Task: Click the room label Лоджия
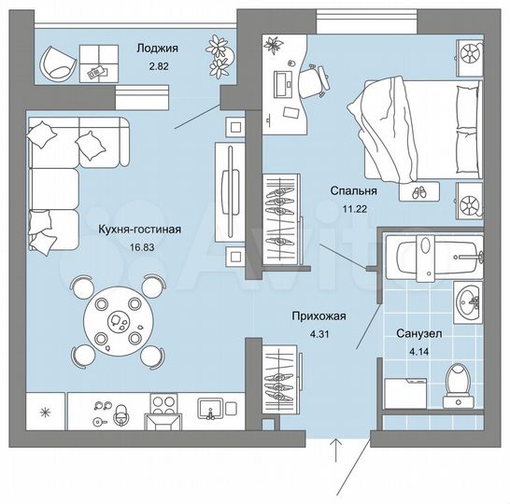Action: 157,49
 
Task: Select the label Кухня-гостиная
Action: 139,227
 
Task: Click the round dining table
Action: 118,320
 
